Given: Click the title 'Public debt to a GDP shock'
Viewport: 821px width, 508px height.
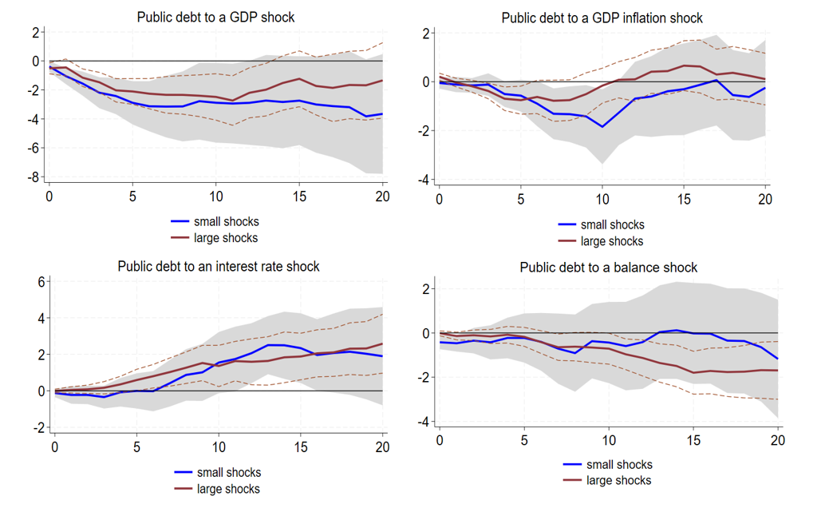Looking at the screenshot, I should pos(215,16).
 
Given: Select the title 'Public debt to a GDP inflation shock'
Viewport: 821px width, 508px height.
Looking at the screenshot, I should pos(602,18).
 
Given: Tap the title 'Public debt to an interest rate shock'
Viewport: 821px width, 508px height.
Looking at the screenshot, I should pos(218,266).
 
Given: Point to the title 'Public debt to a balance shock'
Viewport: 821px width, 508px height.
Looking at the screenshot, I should pos(608,268).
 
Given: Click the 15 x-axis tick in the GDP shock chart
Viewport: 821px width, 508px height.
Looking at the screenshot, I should pos(298,196).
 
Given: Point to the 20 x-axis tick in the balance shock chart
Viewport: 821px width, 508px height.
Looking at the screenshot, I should pos(777,440).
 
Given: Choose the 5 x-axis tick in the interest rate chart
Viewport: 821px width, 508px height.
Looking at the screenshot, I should pos(136,447).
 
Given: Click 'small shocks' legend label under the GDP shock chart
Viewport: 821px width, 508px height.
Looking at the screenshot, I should pos(226,221).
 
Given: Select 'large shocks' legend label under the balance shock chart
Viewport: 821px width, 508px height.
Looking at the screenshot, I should pos(618,480).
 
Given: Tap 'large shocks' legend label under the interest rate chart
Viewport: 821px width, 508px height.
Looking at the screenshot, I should pos(228,488).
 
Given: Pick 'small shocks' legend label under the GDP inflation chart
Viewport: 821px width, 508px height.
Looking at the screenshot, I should pos(612,224).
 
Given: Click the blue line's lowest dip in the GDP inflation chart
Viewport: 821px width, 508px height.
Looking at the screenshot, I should pos(602,126).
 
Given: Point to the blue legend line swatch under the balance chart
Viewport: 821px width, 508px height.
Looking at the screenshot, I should pos(572,464).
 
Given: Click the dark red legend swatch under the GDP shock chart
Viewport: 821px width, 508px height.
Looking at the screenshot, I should pos(180,238).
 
